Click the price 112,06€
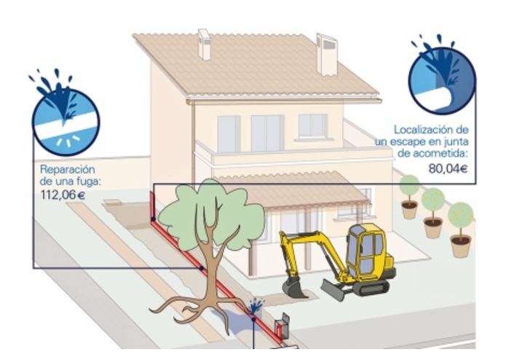(x=63, y=195)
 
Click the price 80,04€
(x=448, y=168)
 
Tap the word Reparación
(x=68, y=170)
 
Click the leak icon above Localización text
(x=443, y=75)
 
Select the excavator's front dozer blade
(x=333, y=289)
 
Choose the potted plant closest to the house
(x=409, y=197)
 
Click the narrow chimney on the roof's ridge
(x=205, y=44)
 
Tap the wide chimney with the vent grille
(x=327, y=54)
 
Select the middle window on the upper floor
(x=267, y=133)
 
